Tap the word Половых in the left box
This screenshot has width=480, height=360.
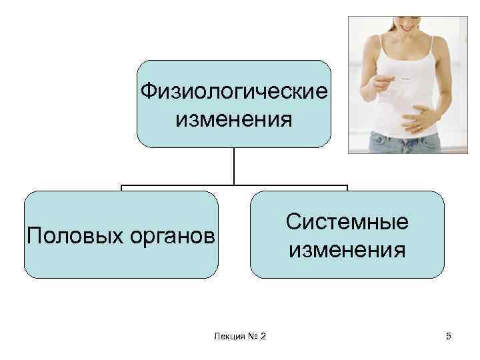(65, 235)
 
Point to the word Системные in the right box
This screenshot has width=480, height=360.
(347, 221)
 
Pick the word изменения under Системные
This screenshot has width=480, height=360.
(347, 250)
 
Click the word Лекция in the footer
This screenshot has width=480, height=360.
(228, 336)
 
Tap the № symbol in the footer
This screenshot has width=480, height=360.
(252, 336)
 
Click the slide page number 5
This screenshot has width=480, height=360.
(449, 336)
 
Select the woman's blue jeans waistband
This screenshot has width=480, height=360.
(400, 135)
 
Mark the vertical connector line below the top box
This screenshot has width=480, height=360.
(234, 165)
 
